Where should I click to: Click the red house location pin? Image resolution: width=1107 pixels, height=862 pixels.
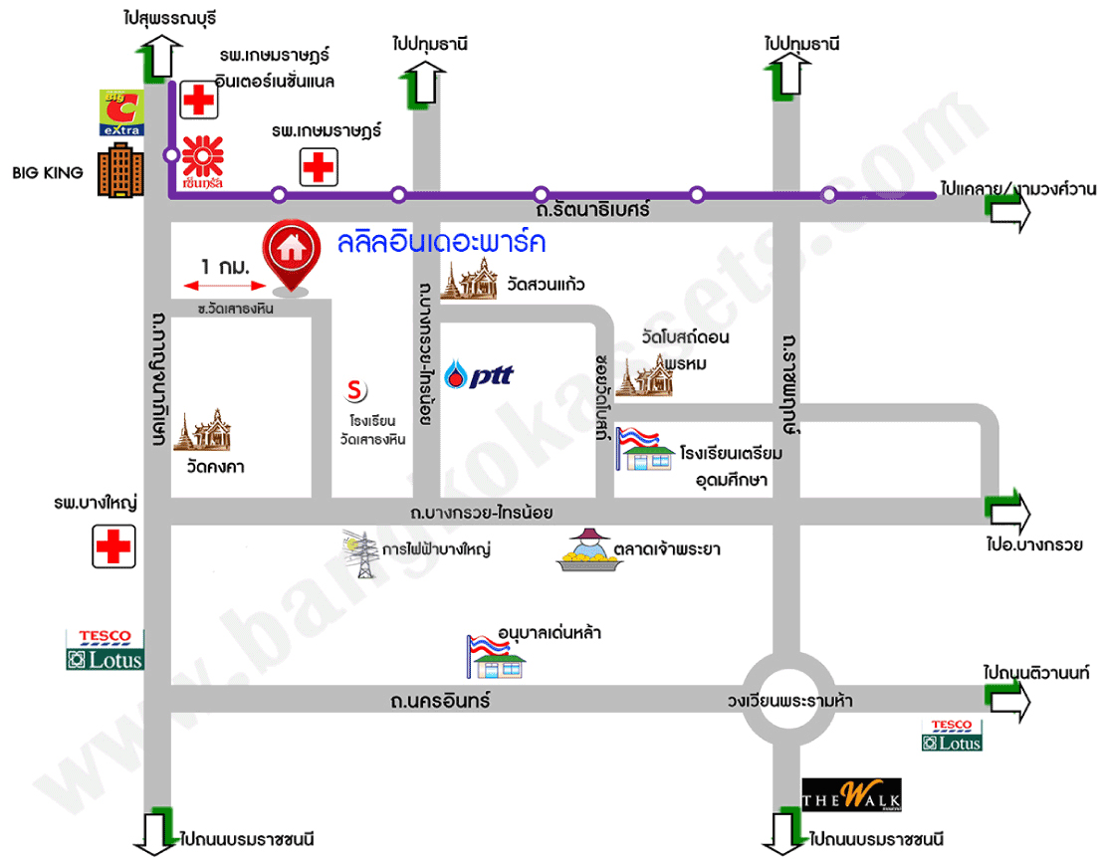pos(292,251)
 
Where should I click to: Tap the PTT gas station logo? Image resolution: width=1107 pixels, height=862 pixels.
pos(479,375)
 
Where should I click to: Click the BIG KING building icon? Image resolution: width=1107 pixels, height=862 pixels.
pos(118,173)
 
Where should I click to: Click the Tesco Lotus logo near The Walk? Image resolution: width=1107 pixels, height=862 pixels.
pos(953,735)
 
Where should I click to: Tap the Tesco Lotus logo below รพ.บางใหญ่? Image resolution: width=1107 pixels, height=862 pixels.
pos(105,649)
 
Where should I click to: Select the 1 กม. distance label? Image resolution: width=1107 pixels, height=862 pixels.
pos(224,267)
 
